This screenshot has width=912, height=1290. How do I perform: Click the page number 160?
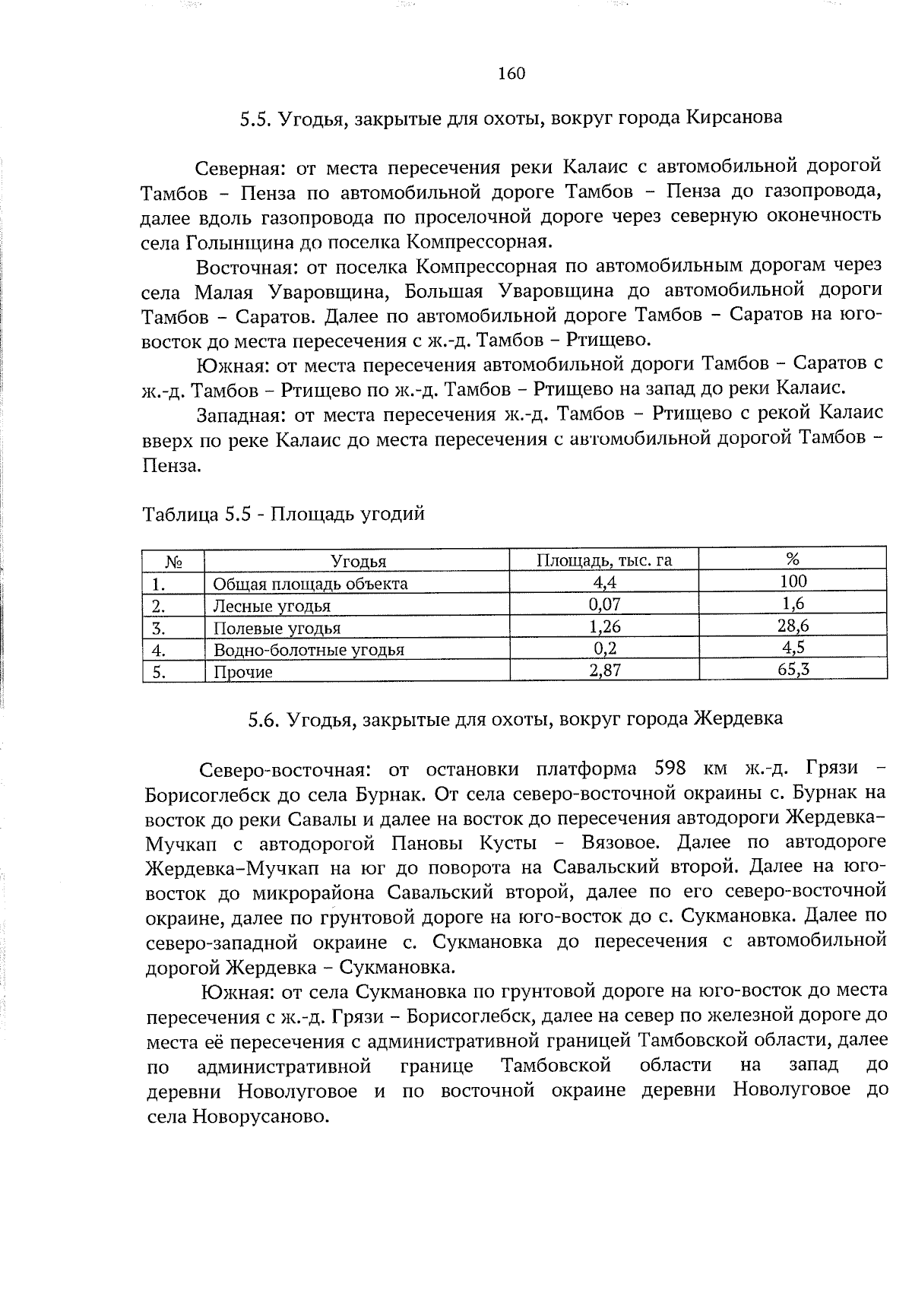click(511, 74)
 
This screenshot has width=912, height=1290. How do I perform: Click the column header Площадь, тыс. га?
click(604, 561)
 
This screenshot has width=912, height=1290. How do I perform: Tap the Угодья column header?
click(358, 562)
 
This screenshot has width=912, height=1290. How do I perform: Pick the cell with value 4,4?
click(604, 583)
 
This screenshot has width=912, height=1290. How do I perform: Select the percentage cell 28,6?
click(793, 626)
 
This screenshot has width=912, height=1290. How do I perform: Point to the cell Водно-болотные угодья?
click(309, 650)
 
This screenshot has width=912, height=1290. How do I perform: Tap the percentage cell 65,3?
click(793, 670)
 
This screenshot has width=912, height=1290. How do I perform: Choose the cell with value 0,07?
click(604, 605)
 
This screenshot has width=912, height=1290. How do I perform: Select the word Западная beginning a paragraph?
click(240, 414)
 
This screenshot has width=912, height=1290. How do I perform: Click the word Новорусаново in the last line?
click(261, 1117)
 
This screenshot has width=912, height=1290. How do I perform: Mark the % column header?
click(793, 560)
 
